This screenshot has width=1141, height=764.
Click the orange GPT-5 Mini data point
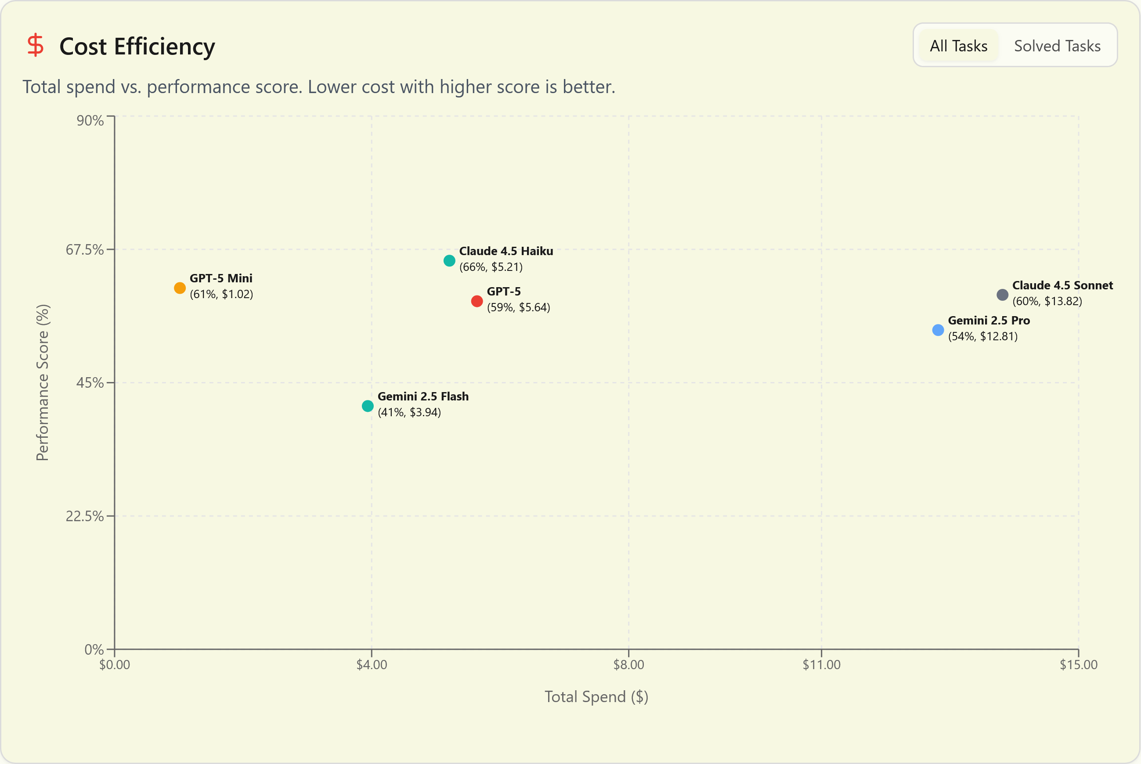(180, 288)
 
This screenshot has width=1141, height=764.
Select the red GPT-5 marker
(477, 301)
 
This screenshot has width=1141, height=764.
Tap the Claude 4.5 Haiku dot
(449, 261)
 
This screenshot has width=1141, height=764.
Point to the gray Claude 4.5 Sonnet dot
(1002, 295)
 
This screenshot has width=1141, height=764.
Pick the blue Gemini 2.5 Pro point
(938, 330)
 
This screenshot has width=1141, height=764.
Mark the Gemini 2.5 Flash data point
(368, 406)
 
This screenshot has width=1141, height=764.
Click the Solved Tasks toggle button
(1057, 46)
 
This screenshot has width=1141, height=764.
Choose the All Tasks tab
(958, 46)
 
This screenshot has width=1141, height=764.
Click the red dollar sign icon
(36, 45)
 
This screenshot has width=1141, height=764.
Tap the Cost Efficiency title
(137, 47)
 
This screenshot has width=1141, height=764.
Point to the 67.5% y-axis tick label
(85, 249)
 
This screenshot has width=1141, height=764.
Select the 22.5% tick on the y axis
(85, 516)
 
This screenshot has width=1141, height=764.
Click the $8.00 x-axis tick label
(628, 665)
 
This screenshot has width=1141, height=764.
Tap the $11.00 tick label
(821, 665)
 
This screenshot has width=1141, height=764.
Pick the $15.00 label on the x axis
(1078, 665)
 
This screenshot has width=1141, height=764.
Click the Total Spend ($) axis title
(596, 697)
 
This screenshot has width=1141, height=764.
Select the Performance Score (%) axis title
(43, 382)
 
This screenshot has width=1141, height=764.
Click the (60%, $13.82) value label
(1047, 301)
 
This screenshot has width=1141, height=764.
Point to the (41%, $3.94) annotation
(409, 412)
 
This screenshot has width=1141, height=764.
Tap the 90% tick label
(90, 120)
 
